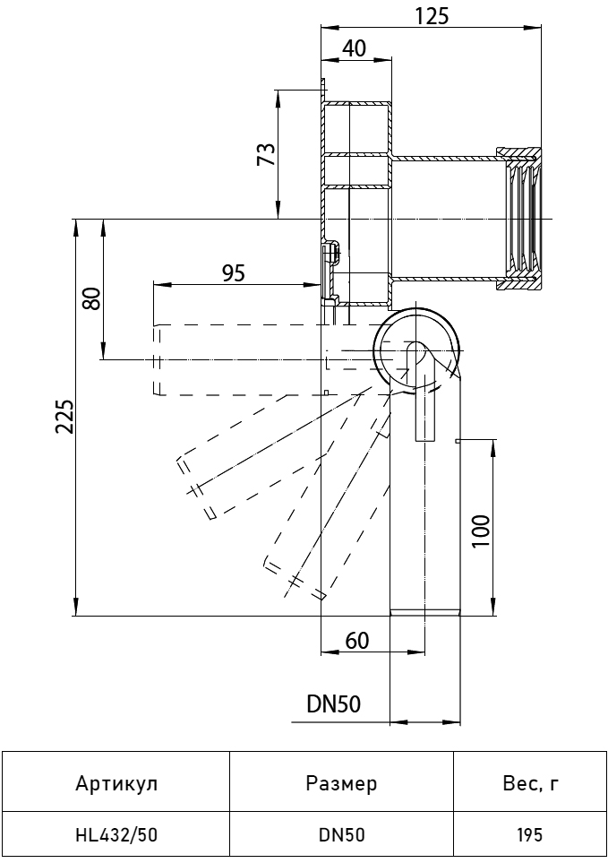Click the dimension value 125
click(432, 15)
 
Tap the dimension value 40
click(355, 48)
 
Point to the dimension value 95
click(233, 272)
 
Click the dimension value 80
click(90, 298)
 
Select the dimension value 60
click(356, 640)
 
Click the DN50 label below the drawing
click(333, 704)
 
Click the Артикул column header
click(116, 784)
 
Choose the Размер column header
click(341, 784)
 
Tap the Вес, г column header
click(529, 784)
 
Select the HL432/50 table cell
click(116, 836)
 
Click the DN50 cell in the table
click(341, 836)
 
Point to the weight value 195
click(529, 836)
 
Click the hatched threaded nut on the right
click(520, 219)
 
